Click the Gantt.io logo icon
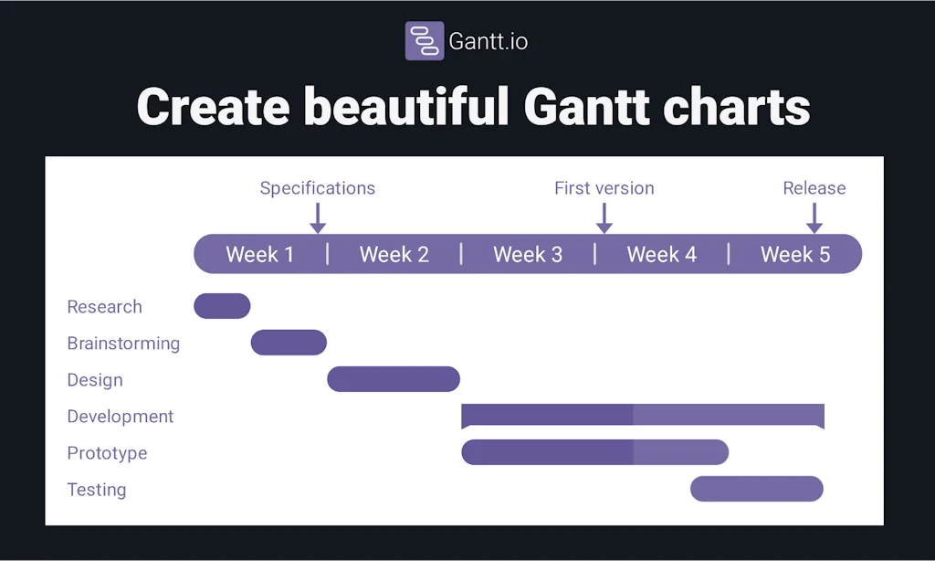pyautogui.click(x=424, y=41)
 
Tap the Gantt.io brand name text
pyautogui.click(x=488, y=41)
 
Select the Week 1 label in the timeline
pyautogui.click(x=260, y=254)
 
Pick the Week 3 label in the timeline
pyautogui.click(x=528, y=254)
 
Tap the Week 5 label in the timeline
pyautogui.click(x=795, y=254)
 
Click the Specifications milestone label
pyautogui.click(x=317, y=188)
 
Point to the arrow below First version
pyautogui.click(x=604, y=217)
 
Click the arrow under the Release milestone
pyautogui.click(x=814, y=217)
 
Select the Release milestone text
pyautogui.click(x=814, y=188)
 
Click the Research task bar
pyautogui.click(x=222, y=306)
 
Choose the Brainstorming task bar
pyautogui.click(x=289, y=343)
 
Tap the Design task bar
pyautogui.click(x=394, y=379)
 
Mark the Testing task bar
pyautogui.click(x=756, y=489)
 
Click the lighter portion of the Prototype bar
pyautogui.click(x=680, y=452)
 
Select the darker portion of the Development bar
pyautogui.click(x=547, y=415)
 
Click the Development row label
pyautogui.click(x=120, y=417)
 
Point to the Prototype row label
pyautogui.click(x=107, y=453)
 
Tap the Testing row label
pyautogui.click(x=97, y=490)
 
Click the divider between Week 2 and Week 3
pyautogui.click(x=461, y=254)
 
